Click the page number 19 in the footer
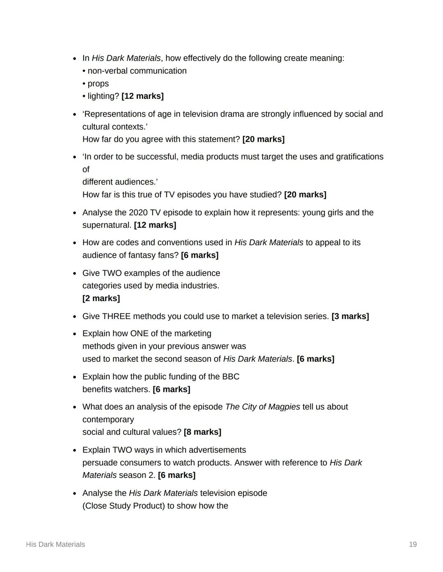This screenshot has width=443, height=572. (413, 544)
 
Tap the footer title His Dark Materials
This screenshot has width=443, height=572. (55, 544)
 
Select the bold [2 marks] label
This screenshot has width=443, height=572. (101, 298)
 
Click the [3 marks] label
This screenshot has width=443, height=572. (350, 316)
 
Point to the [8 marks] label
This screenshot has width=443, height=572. (202, 432)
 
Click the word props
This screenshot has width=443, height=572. (98, 84)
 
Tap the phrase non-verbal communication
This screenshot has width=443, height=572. (137, 71)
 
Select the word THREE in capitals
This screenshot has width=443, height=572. (116, 316)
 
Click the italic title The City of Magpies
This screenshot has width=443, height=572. (263, 407)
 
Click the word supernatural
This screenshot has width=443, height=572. (107, 225)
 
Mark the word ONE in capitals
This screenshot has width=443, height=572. (139, 333)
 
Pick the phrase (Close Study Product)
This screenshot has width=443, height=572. (123, 506)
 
